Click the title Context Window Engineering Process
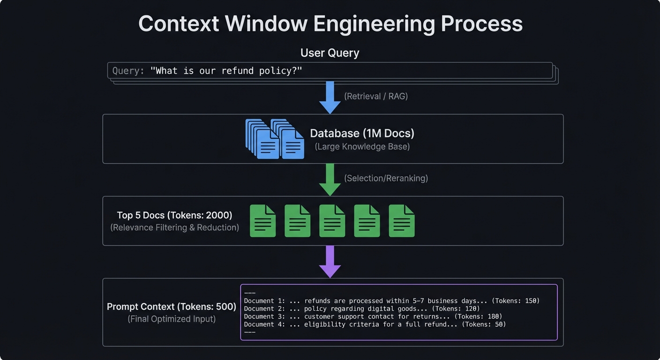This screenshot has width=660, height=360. coord(330,23)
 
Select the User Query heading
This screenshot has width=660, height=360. coord(330,53)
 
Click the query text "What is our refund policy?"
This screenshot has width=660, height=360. coord(226,71)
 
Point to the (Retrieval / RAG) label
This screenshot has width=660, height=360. coord(376,96)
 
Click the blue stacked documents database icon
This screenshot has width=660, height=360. coord(275,139)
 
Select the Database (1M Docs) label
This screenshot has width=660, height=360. coord(362,133)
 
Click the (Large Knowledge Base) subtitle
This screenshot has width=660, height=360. coord(362,147)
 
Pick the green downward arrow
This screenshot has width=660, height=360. coord(330,180)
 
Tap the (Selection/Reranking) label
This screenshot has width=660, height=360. coord(386,178)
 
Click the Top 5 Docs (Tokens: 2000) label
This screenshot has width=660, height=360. coord(174,215)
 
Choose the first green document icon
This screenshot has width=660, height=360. coord(262,221)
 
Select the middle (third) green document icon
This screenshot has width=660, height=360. coord(332,221)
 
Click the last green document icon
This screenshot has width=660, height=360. coord(402,221)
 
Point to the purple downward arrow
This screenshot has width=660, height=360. coord(330,262)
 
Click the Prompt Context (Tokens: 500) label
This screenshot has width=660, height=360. coord(172,307)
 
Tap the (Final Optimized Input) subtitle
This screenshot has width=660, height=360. coord(172,319)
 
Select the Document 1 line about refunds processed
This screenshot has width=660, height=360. coord(391,301)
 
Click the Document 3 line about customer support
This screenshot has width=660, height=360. coord(373,316)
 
